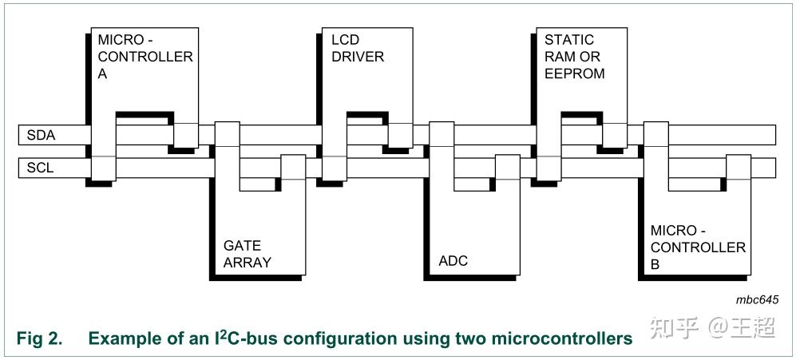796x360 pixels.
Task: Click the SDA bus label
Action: pos(42,136)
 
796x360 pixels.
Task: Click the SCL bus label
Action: pos(41,168)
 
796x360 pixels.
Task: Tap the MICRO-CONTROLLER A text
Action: pos(145,56)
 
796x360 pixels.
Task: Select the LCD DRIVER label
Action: pos(357,47)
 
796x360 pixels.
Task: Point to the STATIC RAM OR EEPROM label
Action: pos(574,56)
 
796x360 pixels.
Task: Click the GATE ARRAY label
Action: pos(247,254)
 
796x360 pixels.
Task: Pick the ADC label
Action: pos(453,261)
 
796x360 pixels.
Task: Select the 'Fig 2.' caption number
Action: pos(39,338)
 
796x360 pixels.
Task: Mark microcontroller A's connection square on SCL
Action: pos(104,168)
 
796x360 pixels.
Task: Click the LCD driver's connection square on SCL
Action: pos(333,168)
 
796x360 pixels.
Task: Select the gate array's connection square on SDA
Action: pos(228,135)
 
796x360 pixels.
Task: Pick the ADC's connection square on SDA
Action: pos(442,135)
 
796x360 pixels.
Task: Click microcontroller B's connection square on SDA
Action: pos(655,135)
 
